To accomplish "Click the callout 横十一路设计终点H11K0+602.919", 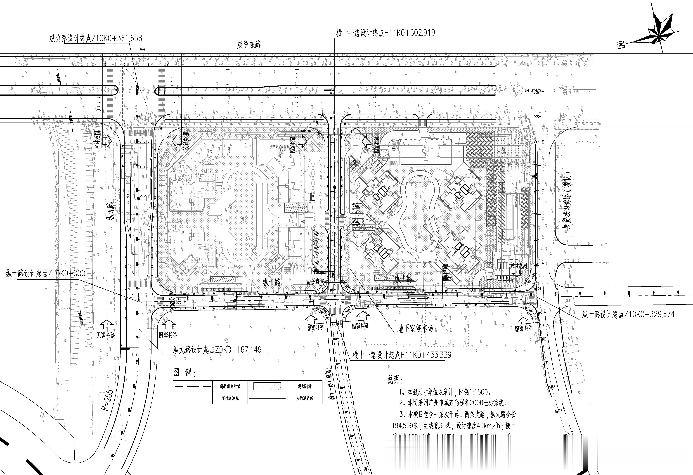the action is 385,33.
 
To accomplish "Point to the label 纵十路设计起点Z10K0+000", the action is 45,273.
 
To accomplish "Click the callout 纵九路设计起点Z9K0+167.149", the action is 217,350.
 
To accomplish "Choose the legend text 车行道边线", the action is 230,398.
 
